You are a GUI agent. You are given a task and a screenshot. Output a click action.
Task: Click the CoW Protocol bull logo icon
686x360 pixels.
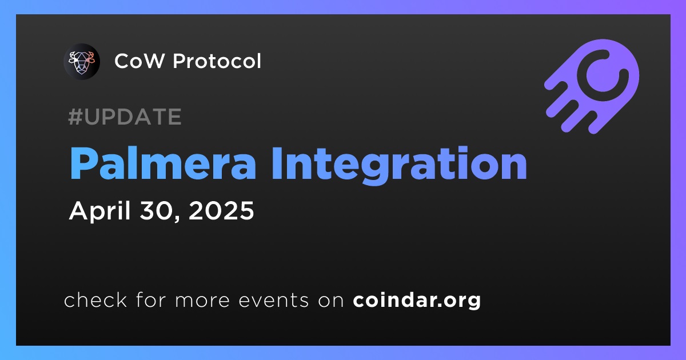click(82, 62)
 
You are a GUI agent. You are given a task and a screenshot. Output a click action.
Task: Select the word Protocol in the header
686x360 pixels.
click(217, 61)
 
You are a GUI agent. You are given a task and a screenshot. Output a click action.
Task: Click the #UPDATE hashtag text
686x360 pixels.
click(125, 117)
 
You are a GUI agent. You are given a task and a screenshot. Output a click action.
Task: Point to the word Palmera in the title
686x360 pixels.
click(163, 163)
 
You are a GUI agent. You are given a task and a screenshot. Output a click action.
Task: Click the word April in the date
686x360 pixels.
click(100, 211)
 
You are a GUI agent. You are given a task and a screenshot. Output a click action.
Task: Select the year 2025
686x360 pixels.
click(221, 211)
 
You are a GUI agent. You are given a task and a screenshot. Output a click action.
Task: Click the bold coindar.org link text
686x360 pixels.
click(417, 301)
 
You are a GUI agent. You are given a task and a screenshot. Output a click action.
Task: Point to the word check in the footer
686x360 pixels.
click(95, 300)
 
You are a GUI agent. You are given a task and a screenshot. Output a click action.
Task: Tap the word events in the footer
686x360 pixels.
click(273, 301)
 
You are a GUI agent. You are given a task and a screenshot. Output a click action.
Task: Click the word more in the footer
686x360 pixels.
click(202, 301)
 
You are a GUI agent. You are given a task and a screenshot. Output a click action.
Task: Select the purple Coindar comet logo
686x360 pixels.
click(592, 86)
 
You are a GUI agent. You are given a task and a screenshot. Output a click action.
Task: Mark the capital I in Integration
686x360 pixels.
click(276, 163)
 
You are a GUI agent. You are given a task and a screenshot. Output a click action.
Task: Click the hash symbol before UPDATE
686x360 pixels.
click(75, 117)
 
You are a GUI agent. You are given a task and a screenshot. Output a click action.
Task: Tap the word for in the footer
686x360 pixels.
click(151, 299)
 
